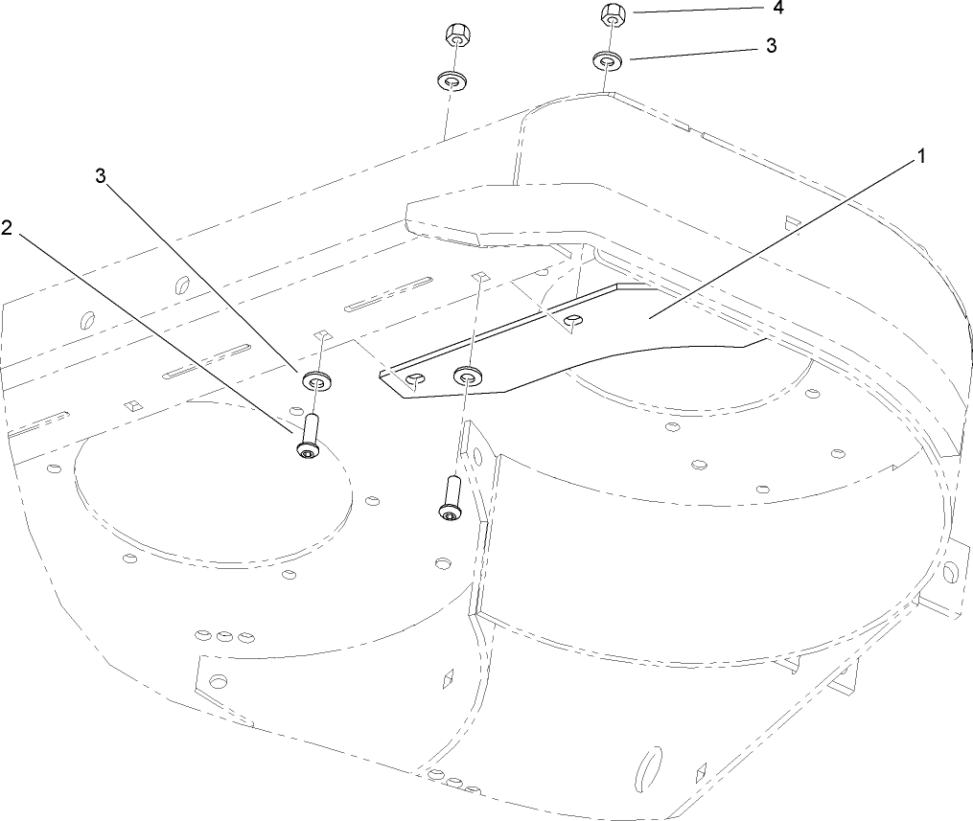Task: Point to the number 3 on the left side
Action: (101, 176)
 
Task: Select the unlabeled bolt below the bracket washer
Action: (450, 497)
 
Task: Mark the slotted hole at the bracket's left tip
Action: (414, 381)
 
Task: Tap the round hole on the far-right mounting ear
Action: (949, 572)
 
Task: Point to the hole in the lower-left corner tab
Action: (219, 681)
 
